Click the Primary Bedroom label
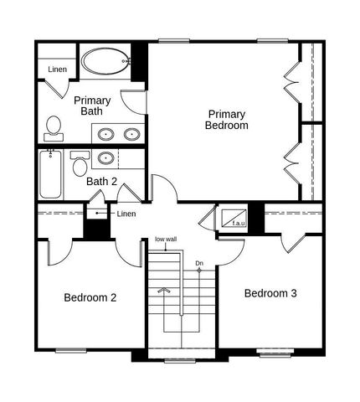(227, 119)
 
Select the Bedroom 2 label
(90, 297)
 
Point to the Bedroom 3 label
(270, 294)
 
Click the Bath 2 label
(102, 181)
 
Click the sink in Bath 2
(106, 157)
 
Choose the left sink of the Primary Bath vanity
(107, 133)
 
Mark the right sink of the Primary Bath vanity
(131, 133)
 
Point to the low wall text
(166, 240)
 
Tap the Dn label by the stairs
(199, 264)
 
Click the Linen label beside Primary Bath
(58, 70)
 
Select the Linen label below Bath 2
(126, 214)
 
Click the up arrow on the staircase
(166, 291)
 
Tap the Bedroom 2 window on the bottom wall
(72, 349)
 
